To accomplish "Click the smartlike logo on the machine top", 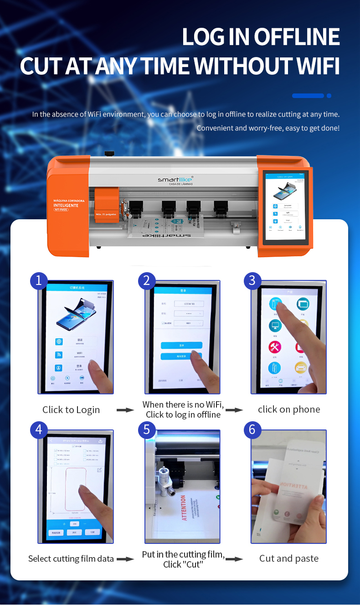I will pyautogui.click(x=175, y=179).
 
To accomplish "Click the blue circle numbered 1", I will pyautogui.click(x=39, y=280).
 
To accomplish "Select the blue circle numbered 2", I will pyautogui.click(x=147, y=280).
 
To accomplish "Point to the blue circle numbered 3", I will pyautogui.click(x=252, y=280).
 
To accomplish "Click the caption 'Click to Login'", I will pyautogui.click(x=71, y=410).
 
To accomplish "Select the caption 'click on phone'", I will pyautogui.click(x=289, y=409).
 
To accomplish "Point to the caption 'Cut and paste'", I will pyautogui.click(x=289, y=558).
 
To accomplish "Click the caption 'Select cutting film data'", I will pyautogui.click(x=71, y=558).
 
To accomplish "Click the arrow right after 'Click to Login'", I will pyautogui.click(x=125, y=410).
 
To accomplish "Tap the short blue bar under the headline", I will pyautogui.click(x=308, y=96).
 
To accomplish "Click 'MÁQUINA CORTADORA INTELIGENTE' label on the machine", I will pyautogui.click(x=66, y=203).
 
